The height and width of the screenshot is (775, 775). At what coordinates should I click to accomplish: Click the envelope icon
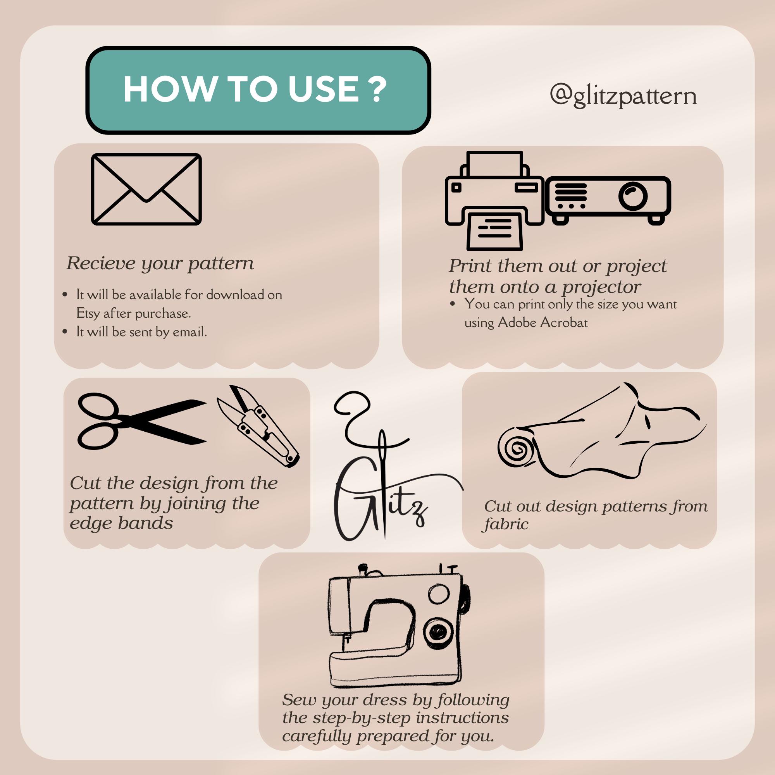click(146, 189)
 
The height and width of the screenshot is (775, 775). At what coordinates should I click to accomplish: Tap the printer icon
click(494, 201)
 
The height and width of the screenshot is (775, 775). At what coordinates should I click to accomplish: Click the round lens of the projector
click(633, 196)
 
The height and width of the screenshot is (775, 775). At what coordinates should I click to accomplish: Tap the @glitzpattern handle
click(623, 96)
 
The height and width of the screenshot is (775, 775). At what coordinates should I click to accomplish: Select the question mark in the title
click(377, 89)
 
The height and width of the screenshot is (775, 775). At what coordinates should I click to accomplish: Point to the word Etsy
click(88, 313)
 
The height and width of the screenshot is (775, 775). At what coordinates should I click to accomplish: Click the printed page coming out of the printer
click(494, 231)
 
